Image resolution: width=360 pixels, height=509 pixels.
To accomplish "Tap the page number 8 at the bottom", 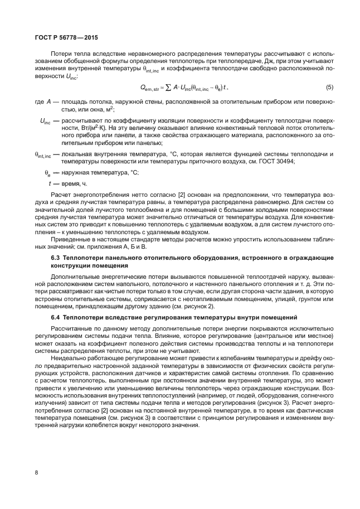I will point(36,473).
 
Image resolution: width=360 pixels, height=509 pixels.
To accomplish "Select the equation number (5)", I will point(329,88).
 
